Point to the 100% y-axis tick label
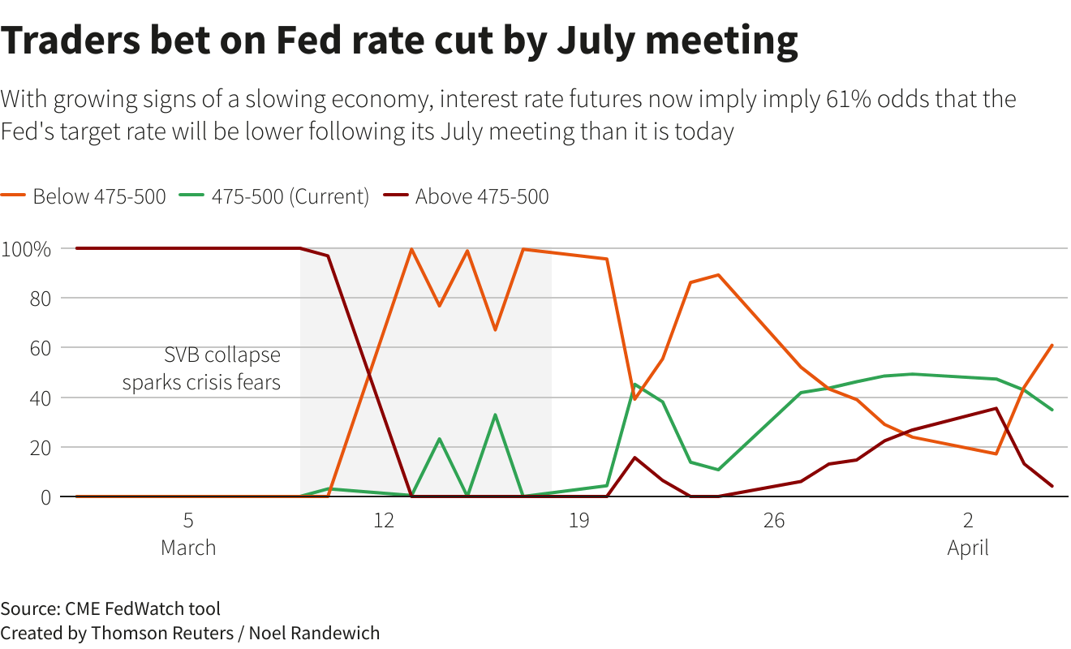27,248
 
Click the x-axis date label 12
384,519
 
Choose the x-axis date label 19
579,519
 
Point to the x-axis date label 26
774,519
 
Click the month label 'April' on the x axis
968,548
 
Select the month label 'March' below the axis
188,548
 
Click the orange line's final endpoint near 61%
1052,346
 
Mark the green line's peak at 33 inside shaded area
495,415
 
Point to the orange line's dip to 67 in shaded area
495,330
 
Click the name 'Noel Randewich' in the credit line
314,633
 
